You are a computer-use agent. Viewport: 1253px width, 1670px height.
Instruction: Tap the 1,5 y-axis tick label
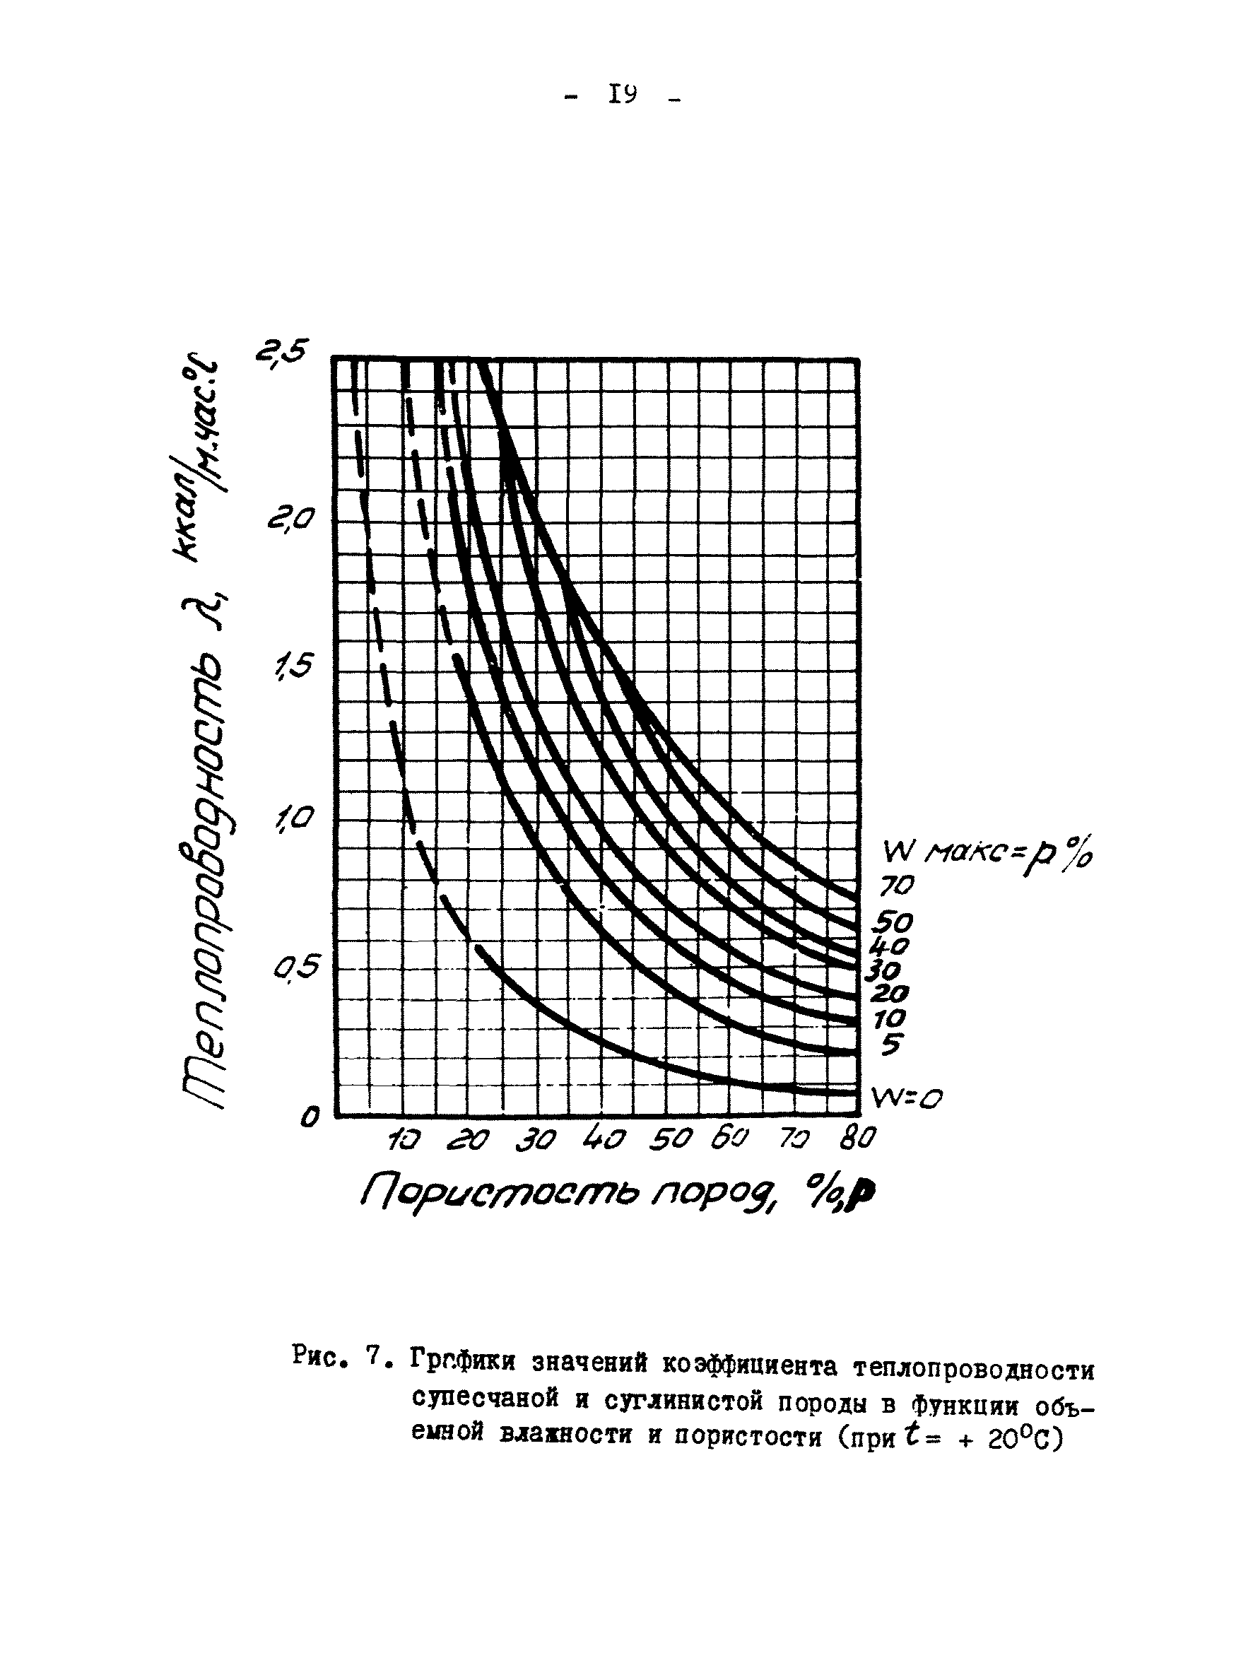(292, 666)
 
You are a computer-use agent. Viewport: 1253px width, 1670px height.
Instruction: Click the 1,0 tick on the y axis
(292, 818)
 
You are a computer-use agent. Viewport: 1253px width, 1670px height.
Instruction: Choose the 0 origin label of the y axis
(309, 1116)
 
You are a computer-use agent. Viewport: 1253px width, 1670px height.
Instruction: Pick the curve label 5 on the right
(891, 1046)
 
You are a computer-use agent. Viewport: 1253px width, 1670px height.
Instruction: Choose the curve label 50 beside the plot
(894, 922)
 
